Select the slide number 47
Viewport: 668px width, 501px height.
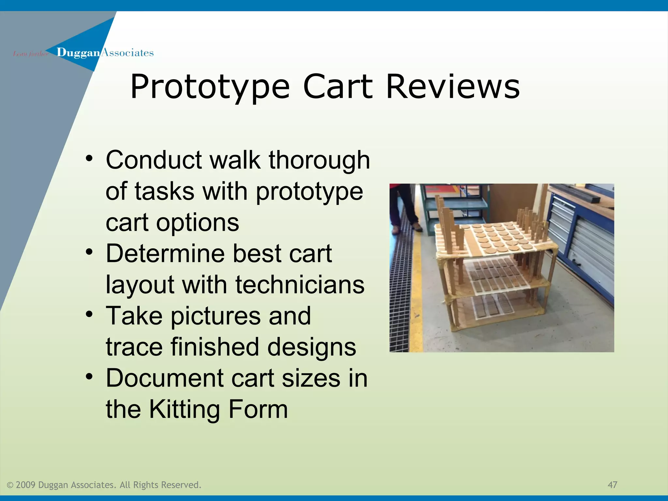tap(612, 485)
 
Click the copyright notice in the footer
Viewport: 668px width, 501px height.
tap(104, 485)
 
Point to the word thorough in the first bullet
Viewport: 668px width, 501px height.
tap(319, 160)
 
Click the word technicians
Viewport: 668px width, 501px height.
tap(300, 285)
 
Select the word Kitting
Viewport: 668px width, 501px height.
tap(184, 409)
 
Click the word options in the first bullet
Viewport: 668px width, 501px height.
tap(198, 223)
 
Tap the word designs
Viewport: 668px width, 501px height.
tap(311, 347)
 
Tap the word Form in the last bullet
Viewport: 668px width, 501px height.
tap(258, 409)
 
